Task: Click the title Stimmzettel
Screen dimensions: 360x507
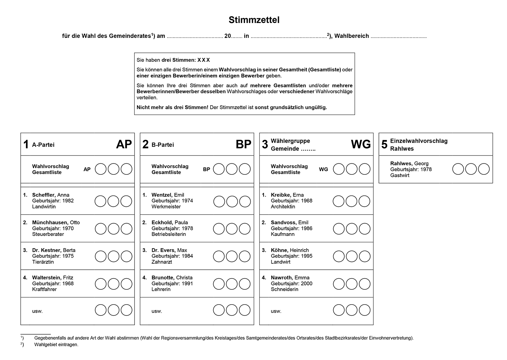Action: (x=254, y=20)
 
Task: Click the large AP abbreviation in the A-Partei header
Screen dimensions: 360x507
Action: (x=124, y=144)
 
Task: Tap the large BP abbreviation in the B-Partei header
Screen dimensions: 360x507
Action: (x=243, y=144)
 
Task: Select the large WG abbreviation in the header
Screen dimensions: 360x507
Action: (x=361, y=144)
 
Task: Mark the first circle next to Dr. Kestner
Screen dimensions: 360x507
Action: (x=100, y=256)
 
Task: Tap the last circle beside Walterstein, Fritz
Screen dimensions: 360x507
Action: (x=126, y=284)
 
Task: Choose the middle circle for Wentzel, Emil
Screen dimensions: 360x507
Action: (x=232, y=201)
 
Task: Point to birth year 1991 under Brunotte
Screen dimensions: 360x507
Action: (x=187, y=284)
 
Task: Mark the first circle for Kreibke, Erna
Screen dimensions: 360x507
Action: (x=338, y=201)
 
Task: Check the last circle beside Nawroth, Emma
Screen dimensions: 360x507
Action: (x=364, y=284)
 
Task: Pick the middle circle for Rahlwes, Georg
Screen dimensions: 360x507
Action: (x=471, y=169)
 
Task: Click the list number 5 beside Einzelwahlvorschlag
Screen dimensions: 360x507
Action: (x=384, y=145)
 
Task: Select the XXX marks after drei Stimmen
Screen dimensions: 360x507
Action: (x=204, y=60)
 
